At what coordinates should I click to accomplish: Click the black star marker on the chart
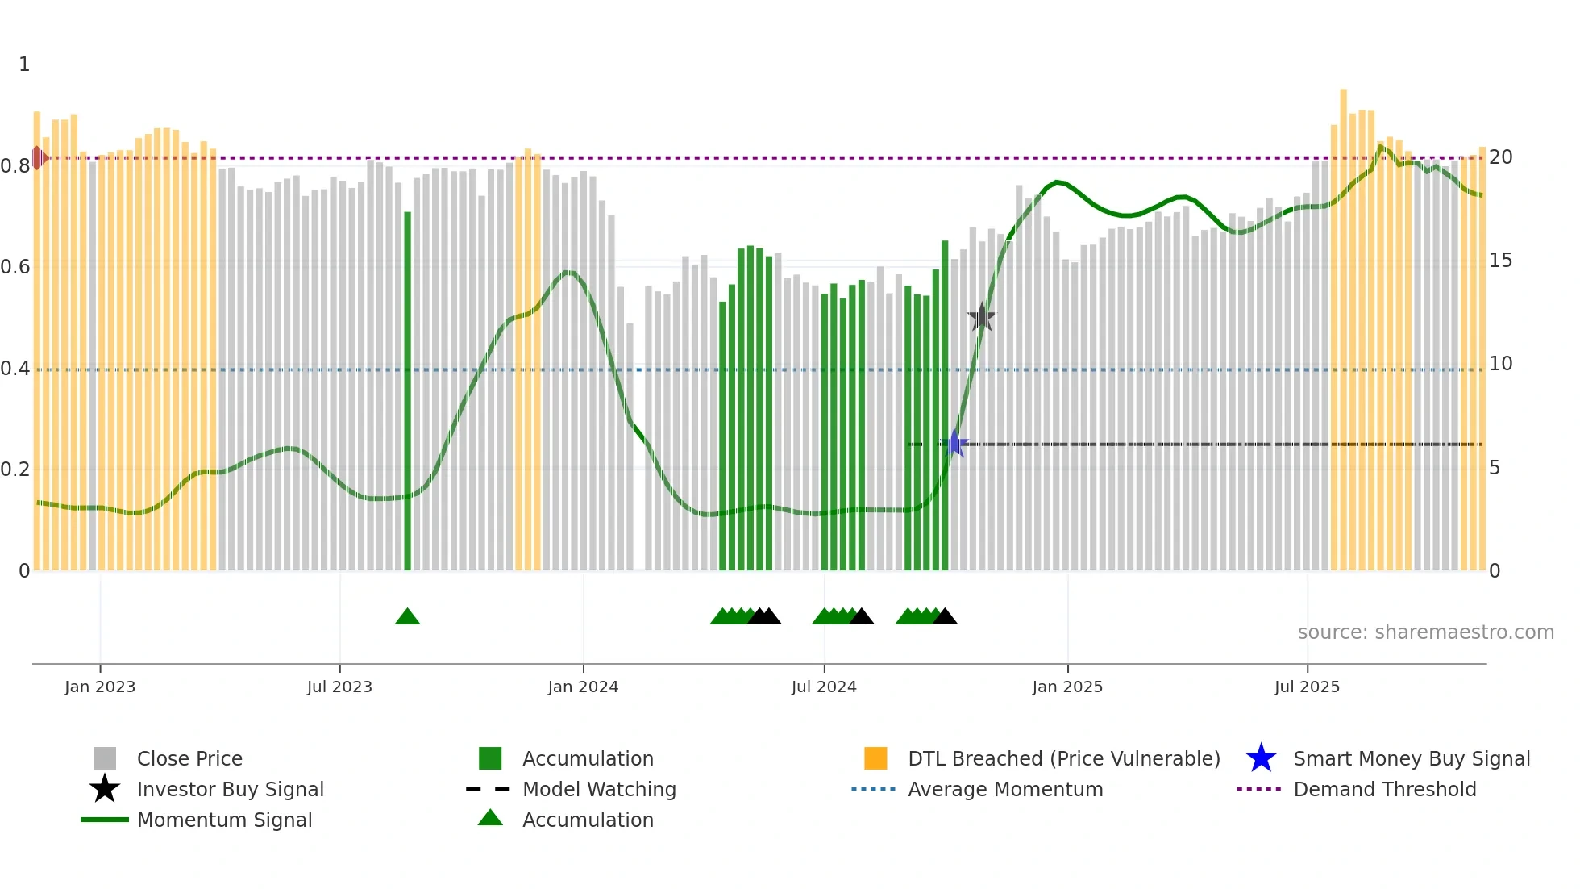pos(982,317)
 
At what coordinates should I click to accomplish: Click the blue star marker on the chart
pos(955,443)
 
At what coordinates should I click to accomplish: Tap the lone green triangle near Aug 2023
pos(407,617)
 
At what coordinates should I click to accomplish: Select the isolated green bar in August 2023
pos(407,391)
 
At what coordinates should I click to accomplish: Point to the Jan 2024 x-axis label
pos(583,687)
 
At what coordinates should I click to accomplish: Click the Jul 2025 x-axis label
pos(1307,687)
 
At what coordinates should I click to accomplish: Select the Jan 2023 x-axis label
pos(100,687)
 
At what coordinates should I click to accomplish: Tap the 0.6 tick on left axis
pos(15,267)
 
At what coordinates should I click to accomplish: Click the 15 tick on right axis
pos(1500,261)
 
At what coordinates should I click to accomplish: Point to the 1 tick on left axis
pos(24,65)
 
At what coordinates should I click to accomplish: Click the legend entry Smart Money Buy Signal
pos(1411,758)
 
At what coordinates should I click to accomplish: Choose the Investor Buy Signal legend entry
pos(230,789)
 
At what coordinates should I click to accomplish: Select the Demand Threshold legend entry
pos(1384,789)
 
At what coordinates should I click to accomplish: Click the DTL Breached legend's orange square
pos(875,758)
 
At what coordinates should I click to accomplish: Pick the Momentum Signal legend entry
pos(224,820)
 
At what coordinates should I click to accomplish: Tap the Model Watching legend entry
pos(599,789)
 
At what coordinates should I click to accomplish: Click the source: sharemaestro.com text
pos(1425,632)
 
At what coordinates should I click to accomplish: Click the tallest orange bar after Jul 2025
pos(1344,331)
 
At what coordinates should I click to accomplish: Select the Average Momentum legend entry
pos(1005,789)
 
